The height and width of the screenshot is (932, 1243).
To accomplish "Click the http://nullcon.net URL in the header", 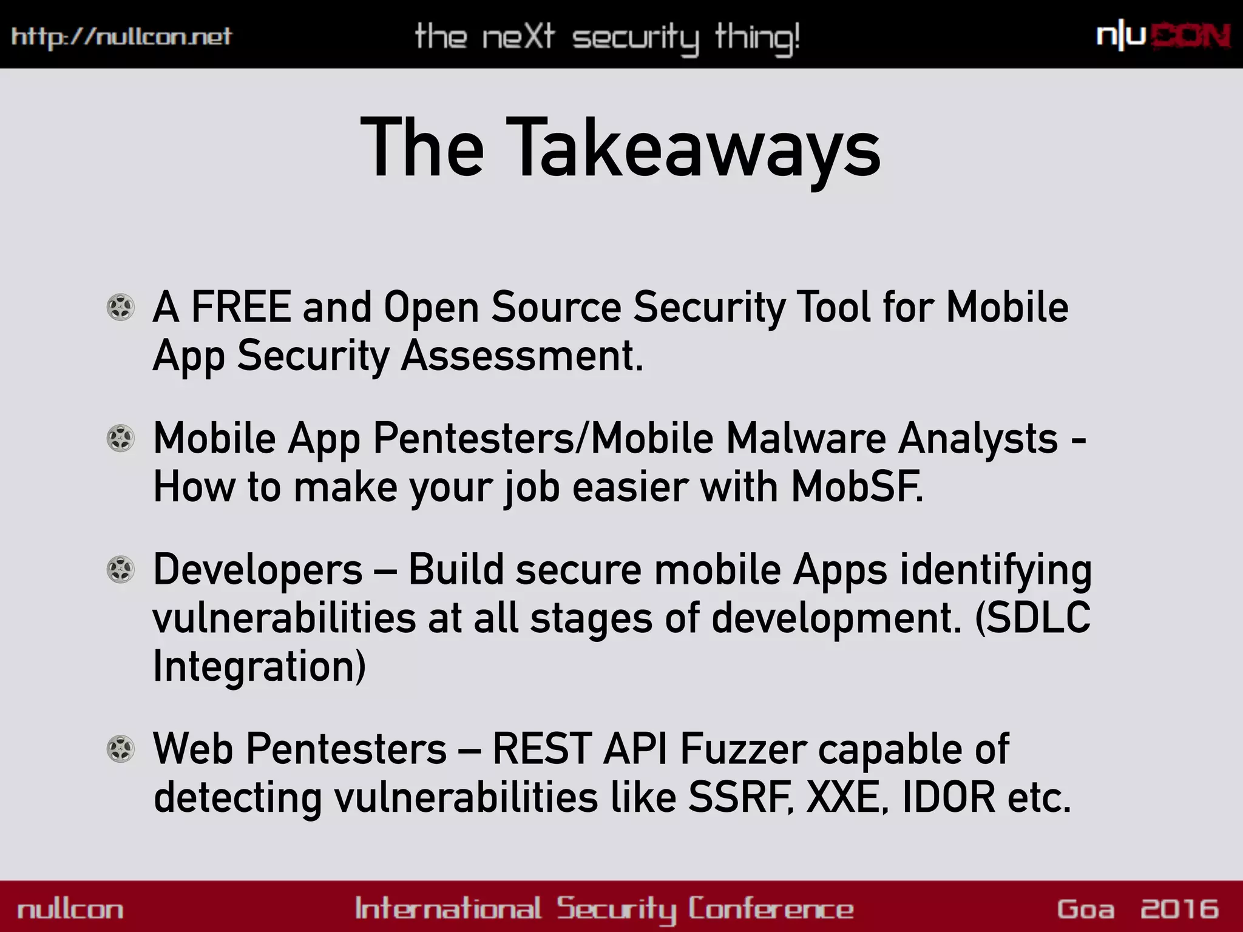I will point(121,36).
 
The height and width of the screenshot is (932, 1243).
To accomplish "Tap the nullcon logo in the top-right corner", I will point(1163,36).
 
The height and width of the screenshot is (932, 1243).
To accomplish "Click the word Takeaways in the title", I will point(693,149).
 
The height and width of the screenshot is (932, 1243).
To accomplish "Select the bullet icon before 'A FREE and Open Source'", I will point(120,307).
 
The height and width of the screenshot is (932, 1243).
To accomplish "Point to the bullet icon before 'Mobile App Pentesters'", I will point(120,438).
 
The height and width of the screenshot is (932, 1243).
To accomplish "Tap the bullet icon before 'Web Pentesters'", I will point(120,749).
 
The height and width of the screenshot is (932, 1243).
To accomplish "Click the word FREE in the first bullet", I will point(241,307).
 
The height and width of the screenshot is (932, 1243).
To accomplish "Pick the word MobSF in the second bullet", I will point(856,487).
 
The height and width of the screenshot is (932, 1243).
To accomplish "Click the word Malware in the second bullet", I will point(805,438).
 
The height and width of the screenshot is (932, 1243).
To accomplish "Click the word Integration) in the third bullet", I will point(259,666).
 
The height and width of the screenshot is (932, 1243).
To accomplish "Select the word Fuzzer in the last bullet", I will point(743,749).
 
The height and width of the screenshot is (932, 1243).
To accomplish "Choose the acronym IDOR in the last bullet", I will point(949,797).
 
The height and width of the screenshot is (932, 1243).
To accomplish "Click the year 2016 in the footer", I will point(1179,909).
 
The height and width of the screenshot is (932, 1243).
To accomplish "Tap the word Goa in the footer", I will point(1086,909).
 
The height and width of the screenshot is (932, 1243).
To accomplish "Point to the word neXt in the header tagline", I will point(519,36).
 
